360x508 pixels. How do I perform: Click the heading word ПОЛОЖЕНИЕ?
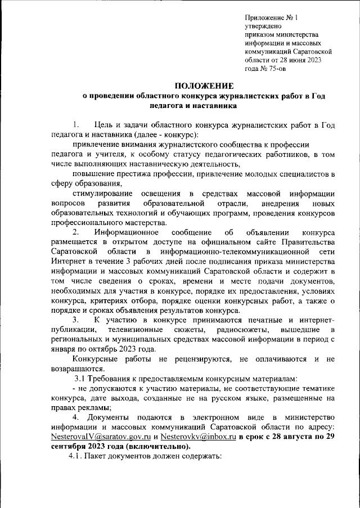203,86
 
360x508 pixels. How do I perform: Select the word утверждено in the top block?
263,26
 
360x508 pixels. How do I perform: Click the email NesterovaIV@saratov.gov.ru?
100,437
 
